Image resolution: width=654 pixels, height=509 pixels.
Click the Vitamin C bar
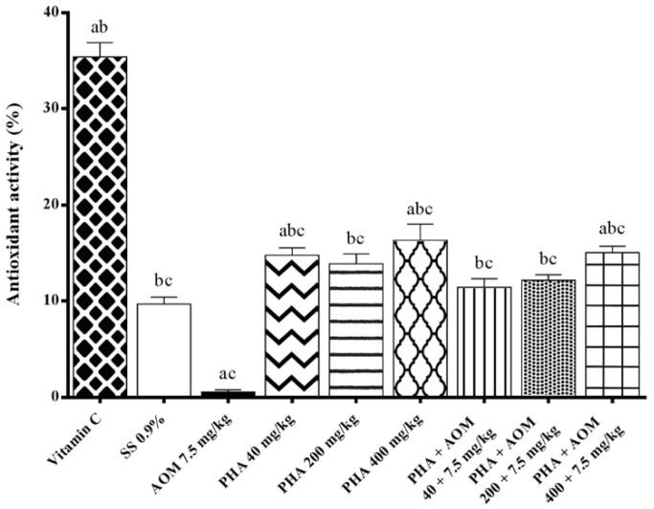point(100,226)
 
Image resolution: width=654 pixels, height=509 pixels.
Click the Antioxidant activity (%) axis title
point(15,204)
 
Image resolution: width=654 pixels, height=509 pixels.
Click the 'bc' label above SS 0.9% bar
point(164,281)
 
